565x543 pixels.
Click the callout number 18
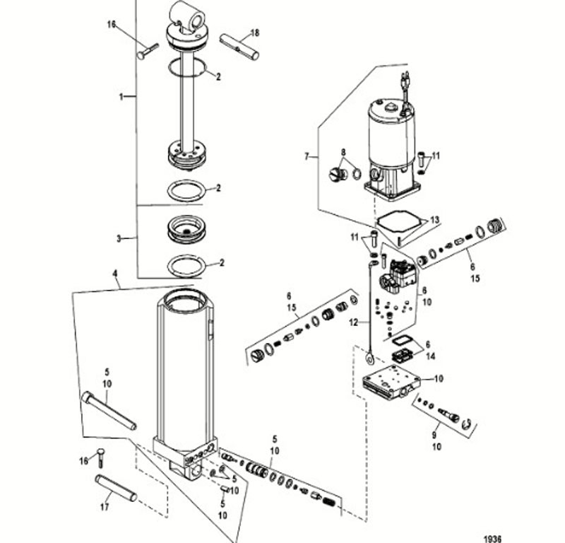(x=255, y=33)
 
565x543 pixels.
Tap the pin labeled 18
(x=239, y=47)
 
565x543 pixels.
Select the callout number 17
(x=105, y=507)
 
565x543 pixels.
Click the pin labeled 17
(x=116, y=488)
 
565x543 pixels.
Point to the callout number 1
(x=121, y=97)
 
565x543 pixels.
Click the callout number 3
(x=119, y=239)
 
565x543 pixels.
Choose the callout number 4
(x=115, y=274)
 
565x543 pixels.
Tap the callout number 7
(x=307, y=156)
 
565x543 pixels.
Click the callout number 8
(x=343, y=152)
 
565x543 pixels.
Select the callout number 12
(x=354, y=322)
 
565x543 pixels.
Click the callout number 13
(x=435, y=220)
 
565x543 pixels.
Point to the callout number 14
(x=431, y=356)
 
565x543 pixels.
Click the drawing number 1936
(x=492, y=539)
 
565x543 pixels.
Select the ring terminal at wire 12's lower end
(x=369, y=358)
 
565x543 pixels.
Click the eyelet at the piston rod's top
(x=187, y=17)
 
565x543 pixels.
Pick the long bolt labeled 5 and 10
(x=109, y=411)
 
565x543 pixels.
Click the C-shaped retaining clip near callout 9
(x=468, y=424)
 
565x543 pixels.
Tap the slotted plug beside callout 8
(x=338, y=174)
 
